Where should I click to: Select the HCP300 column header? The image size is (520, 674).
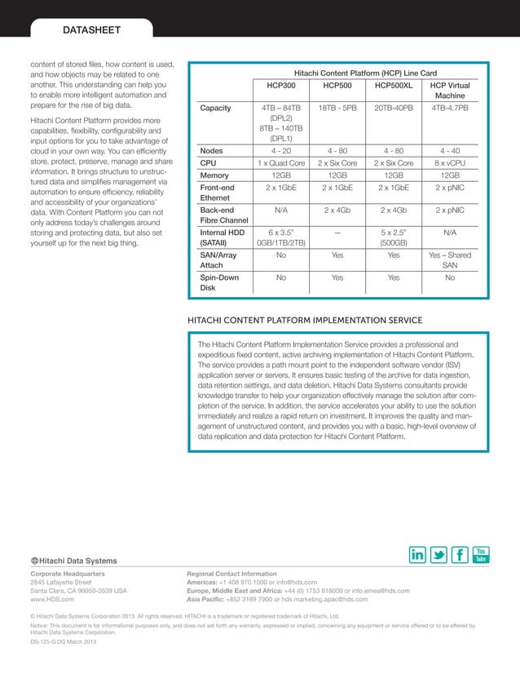(x=280, y=85)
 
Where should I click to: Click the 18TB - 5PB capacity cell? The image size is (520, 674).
(x=337, y=108)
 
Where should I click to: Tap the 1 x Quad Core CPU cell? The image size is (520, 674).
(x=281, y=162)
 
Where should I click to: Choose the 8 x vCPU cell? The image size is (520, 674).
(x=450, y=162)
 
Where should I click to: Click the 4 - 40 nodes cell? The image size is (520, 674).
(x=450, y=150)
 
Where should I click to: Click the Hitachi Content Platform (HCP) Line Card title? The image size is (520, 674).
(x=370, y=73)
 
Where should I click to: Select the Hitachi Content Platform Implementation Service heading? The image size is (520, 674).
(x=305, y=319)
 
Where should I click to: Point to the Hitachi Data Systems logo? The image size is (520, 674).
(x=73, y=561)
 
